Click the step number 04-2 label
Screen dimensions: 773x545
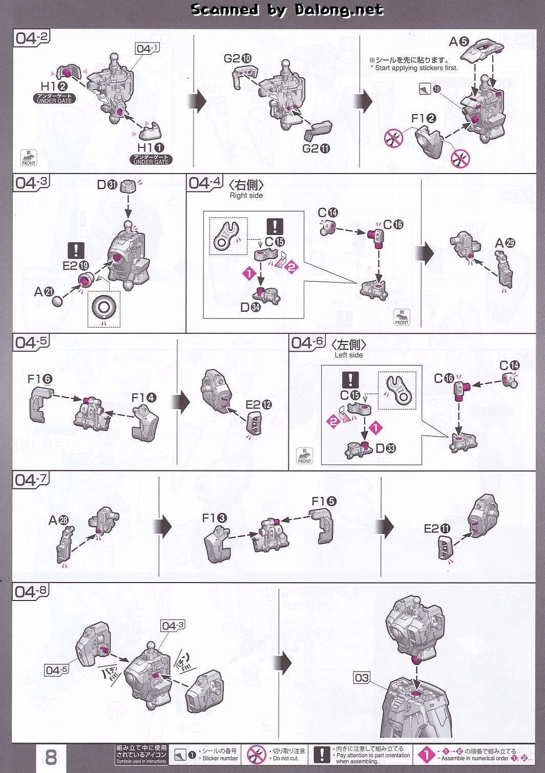tap(31, 38)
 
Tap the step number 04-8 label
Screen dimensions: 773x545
tap(31, 592)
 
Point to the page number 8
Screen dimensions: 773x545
tap(51, 757)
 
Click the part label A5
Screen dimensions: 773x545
tap(459, 41)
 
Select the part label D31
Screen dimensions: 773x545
tap(107, 184)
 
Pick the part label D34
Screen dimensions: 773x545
tap(250, 307)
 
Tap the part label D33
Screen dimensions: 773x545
tap(385, 448)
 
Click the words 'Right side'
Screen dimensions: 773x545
tap(246, 196)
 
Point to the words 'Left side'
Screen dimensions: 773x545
tap(348, 355)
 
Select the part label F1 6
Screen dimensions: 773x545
tap(40, 379)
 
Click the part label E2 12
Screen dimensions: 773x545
tap(259, 405)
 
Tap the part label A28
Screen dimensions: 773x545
tap(58, 520)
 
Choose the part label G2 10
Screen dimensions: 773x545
tap(238, 58)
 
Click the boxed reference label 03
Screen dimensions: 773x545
tap(362, 678)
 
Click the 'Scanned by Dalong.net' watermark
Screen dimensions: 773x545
tap(287, 10)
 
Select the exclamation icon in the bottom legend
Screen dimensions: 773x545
tap(322, 755)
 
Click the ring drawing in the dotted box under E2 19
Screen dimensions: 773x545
tap(104, 309)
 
